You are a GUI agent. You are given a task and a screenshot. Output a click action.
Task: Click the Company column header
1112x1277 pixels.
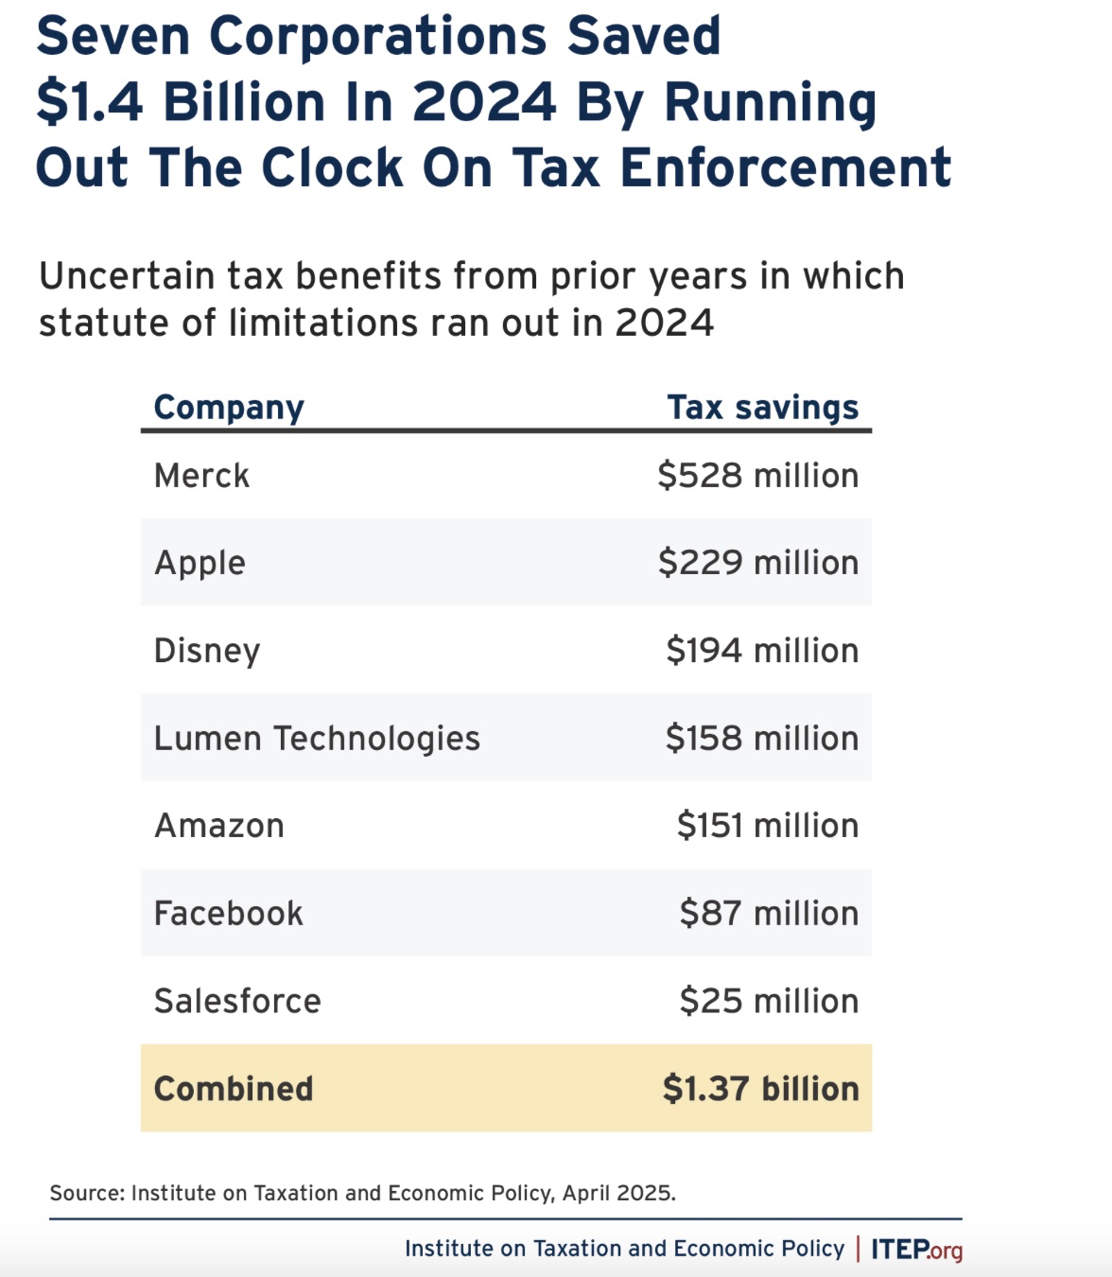229,408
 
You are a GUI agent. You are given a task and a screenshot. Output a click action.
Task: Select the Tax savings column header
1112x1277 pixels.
762,408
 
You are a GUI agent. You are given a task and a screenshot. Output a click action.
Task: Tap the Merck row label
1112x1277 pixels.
201,475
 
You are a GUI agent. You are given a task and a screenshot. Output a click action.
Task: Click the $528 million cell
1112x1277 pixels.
757,475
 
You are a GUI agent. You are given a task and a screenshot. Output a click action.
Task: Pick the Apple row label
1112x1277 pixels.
200,563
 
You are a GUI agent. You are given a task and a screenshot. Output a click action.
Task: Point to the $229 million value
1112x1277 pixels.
757,563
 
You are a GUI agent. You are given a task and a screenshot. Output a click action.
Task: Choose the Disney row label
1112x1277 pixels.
206,651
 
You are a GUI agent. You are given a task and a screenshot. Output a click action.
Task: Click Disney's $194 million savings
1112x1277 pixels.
761,651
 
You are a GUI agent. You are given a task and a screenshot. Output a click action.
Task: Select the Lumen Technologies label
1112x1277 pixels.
317,738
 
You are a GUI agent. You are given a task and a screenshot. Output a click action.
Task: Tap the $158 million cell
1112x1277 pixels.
761,738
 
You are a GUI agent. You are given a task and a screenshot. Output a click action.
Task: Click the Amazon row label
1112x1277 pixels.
218,826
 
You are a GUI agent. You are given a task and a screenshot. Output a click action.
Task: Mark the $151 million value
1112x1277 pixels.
767,826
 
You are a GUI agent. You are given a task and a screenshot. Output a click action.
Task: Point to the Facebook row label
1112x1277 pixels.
228,914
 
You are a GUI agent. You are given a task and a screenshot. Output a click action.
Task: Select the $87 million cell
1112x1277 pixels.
769,914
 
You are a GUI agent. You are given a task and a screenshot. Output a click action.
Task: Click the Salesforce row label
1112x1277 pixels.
237,1001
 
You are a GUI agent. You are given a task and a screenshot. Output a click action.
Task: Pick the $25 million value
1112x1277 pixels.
769,1001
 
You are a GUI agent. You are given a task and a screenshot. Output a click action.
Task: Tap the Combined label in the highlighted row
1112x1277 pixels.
233,1089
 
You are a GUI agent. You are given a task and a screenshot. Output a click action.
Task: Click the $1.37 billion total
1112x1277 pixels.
760,1089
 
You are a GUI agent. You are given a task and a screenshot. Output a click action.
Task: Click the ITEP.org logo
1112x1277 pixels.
916,1250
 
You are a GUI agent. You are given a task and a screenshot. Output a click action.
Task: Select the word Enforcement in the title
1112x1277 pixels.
785,168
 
